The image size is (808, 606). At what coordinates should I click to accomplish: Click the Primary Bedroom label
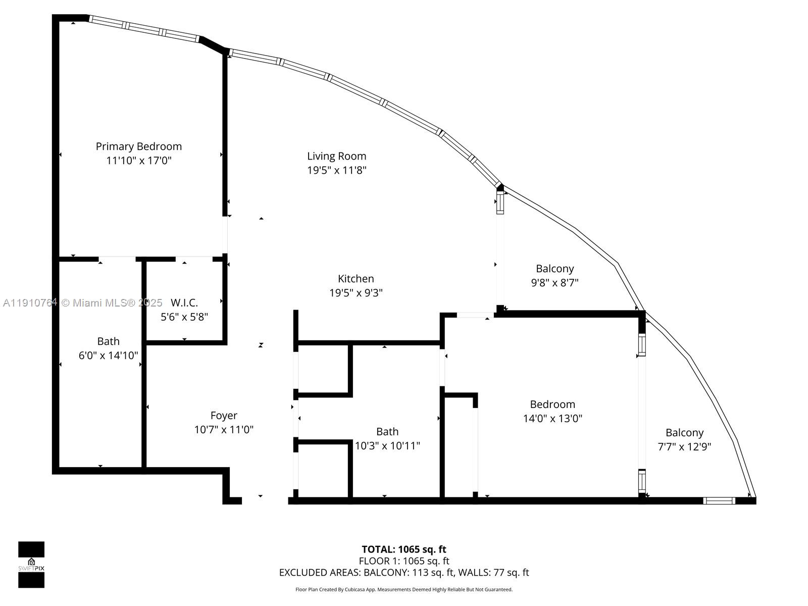click(139, 146)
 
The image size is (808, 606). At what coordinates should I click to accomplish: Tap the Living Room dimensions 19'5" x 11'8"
click(336, 170)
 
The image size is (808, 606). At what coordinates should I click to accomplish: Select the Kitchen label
click(356, 279)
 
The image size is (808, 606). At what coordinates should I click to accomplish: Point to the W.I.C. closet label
click(184, 303)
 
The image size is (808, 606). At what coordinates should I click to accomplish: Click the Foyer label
click(224, 416)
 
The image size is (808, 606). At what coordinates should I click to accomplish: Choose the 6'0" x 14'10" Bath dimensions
click(108, 356)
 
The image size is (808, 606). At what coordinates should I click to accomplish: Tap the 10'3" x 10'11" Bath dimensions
click(387, 446)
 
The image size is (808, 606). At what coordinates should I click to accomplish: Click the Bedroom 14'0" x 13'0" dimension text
click(552, 419)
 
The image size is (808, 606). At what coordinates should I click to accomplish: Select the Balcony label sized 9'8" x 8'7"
click(554, 269)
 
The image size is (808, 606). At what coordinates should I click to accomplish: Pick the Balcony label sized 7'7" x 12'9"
click(684, 433)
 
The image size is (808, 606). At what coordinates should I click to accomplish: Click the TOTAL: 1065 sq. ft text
click(403, 549)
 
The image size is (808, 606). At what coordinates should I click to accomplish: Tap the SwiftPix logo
click(31, 565)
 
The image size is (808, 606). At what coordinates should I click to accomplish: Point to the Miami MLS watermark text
click(83, 303)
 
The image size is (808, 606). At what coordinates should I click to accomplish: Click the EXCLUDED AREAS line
click(403, 573)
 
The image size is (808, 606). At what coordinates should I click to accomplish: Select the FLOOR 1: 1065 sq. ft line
click(403, 561)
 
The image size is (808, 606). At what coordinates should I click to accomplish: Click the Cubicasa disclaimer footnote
click(403, 589)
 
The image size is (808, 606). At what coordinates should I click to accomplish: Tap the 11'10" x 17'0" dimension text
click(139, 161)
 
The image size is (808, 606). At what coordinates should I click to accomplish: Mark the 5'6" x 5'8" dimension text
click(184, 317)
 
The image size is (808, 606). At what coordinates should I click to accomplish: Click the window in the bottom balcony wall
click(719, 501)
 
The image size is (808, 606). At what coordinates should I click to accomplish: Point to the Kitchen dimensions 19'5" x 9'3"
click(356, 293)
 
